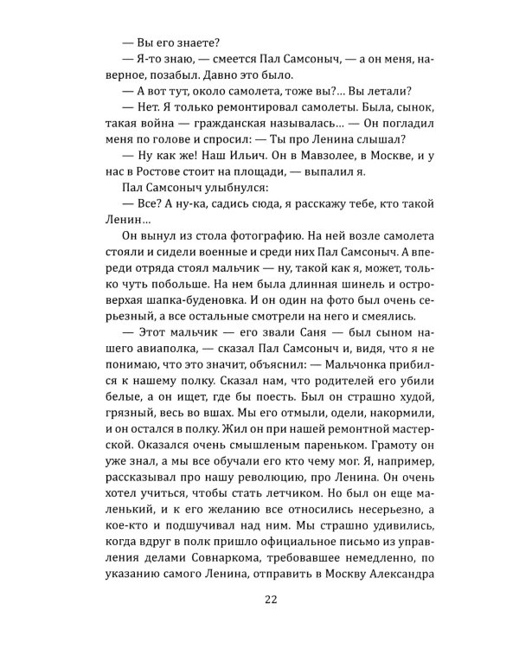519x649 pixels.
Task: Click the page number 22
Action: coord(259,599)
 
